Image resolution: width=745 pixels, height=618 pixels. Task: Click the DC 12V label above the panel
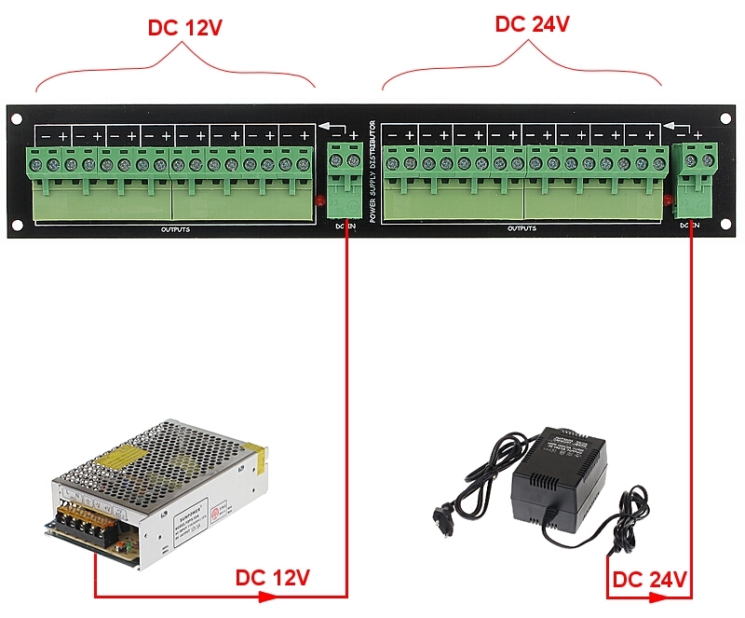(x=185, y=27)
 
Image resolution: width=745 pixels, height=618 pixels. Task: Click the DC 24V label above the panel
(x=532, y=24)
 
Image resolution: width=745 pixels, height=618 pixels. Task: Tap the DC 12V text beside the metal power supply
(x=271, y=578)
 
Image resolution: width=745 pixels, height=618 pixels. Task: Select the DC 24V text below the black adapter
(x=649, y=581)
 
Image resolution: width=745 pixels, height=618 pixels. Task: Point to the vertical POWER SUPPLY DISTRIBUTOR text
(x=372, y=172)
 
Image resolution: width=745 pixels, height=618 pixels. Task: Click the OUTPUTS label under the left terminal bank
(x=175, y=228)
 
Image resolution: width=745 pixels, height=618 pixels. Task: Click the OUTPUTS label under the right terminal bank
(x=521, y=228)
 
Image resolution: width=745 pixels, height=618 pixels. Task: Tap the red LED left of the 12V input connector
(x=319, y=199)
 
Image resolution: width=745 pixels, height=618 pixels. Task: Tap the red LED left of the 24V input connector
(x=669, y=199)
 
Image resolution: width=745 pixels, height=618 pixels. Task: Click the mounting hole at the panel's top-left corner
(x=17, y=117)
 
